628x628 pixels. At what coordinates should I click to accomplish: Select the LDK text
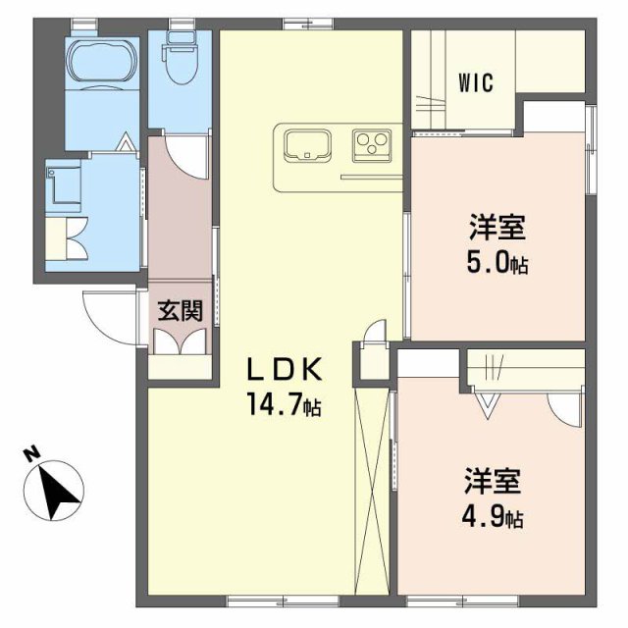(284, 372)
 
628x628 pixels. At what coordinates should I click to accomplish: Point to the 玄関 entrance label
(181, 311)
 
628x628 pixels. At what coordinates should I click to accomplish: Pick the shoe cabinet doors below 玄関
(181, 340)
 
